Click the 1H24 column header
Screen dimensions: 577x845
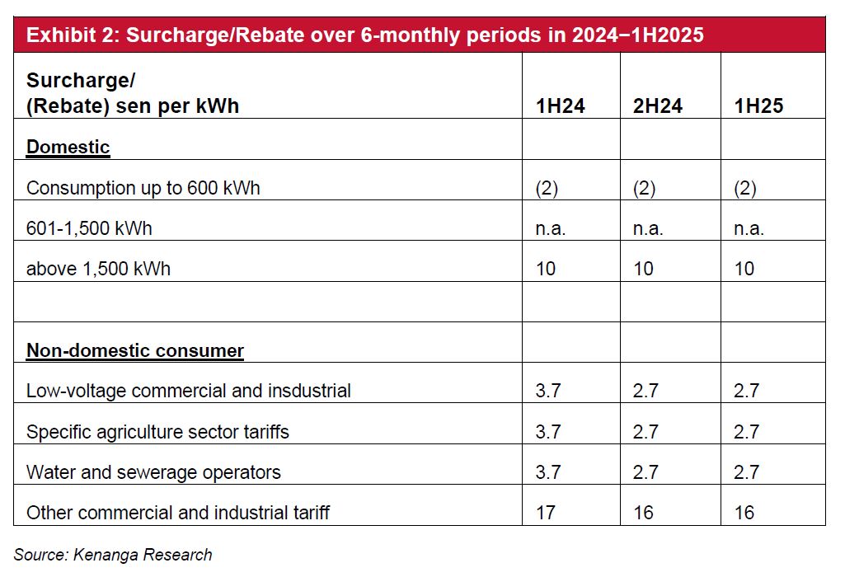[x=560, y=106]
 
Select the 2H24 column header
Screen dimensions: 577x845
[x=658, y=106]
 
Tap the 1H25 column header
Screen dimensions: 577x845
[x=758, y=106]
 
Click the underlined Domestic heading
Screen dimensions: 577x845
[x=68, y=148]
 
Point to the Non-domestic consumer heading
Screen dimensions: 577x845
[x=135, y=351]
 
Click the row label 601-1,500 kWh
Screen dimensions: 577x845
[x=89, y=228]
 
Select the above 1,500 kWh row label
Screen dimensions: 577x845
[x=98, y=269]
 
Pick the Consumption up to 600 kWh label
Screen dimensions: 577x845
[x=143, y=188]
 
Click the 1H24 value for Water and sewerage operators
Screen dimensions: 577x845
[x=548, y=472]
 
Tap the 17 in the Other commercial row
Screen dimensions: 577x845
[x=546, y=513]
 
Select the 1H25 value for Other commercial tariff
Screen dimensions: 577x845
[x=744, y=513]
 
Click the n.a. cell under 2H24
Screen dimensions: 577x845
[x=648, y=228]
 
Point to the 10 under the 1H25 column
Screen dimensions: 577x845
[x=744, y=269]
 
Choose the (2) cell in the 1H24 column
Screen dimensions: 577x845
[x=547, y=188]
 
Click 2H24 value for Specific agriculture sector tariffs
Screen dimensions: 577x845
[x=645, y=432]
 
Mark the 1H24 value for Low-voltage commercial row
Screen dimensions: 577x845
[x=548, y=391]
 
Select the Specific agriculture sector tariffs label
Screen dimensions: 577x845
[x=157, y=432]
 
